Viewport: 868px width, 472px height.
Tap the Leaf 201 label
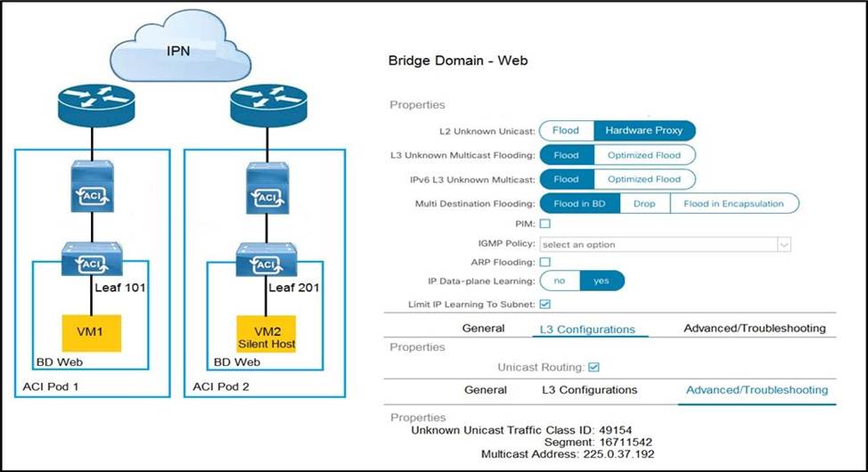(294, 288)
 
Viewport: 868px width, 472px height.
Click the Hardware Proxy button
(643, 130)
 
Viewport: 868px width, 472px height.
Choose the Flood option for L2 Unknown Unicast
(566, 130)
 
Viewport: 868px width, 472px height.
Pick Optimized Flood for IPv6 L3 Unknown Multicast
(643, 179)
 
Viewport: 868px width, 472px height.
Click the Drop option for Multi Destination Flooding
(644, 203)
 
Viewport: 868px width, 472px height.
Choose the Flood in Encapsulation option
(733, 203)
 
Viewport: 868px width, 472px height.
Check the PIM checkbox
(545, 224)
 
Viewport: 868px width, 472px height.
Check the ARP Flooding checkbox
(545, 262)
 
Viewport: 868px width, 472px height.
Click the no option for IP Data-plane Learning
(560, 281)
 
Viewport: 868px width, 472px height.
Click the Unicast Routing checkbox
(594, 366)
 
